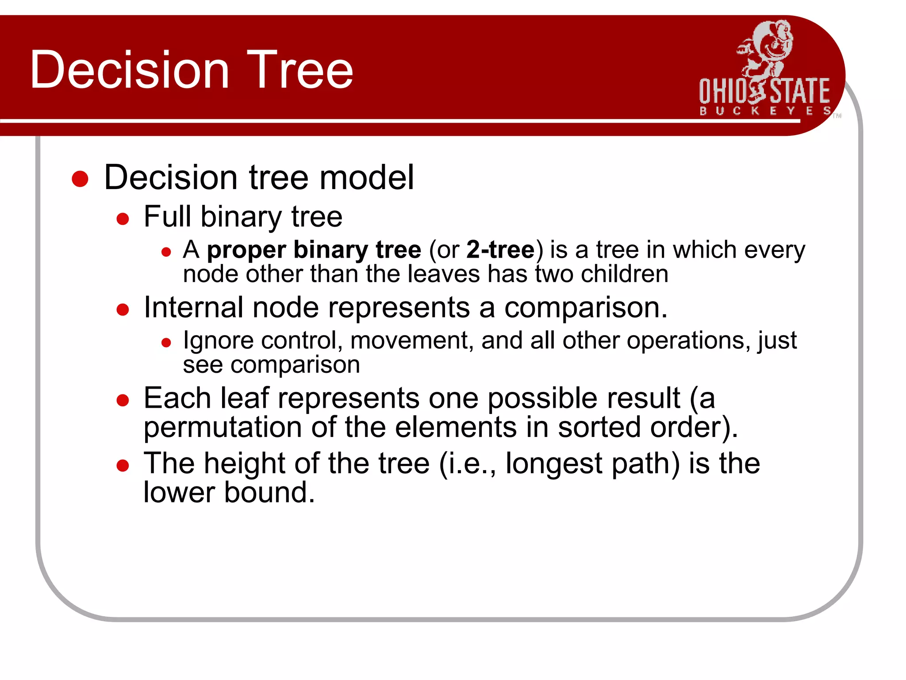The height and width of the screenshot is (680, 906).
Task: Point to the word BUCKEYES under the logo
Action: tap(765, 111)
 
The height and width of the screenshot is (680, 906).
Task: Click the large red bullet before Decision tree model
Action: tap(80, 179)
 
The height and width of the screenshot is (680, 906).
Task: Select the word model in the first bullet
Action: tap(367, 178)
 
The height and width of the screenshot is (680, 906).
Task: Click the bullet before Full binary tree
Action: tap(123, 219)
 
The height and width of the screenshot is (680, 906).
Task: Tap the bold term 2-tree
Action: tap(500, 249)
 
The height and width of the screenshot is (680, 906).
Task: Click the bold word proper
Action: tap(246, 250)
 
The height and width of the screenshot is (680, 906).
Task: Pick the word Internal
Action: tap(194, 307)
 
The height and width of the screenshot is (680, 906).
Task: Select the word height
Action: tap(245, 464)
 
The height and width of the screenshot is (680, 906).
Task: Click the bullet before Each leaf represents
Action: tap(123, 401)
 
